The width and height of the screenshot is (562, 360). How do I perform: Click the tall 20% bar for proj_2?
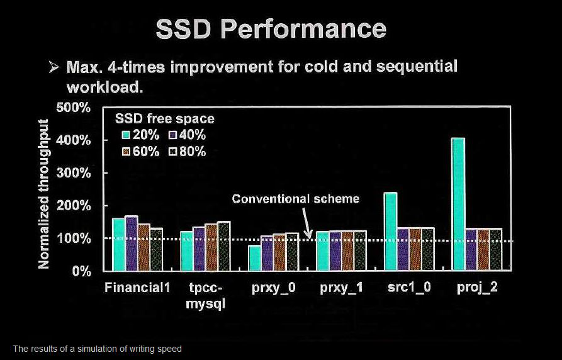coord(459,204)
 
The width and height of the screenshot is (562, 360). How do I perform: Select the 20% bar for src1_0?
coord(391,231)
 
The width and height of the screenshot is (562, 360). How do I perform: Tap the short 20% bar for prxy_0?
coord(255,258)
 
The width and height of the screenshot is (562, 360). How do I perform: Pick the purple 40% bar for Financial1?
coord(132,243)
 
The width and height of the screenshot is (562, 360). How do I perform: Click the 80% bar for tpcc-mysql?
coord(224,246)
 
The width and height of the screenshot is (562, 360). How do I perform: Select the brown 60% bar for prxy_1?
coord(347,250)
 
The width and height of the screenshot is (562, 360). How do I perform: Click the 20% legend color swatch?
coord(126,135)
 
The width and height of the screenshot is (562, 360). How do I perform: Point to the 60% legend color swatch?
coord(126,152)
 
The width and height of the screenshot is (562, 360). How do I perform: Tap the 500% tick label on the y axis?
coord(74,107)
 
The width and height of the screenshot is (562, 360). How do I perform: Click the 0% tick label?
coord(81,271)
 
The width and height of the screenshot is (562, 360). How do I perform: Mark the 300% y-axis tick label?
coord(74,173)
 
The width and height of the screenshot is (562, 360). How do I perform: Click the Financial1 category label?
coord(137,288)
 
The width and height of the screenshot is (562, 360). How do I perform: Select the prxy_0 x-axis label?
coord(274,288)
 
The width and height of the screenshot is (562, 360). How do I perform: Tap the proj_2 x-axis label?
coord(477,288)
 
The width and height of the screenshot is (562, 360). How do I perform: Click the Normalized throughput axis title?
coord(43,194)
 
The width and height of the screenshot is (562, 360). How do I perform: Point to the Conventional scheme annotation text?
coord(295,199)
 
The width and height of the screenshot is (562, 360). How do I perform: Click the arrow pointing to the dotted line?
coord(306,223)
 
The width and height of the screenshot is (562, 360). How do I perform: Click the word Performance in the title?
coord(303,30)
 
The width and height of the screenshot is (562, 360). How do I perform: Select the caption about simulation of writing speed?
coord(97,349)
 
